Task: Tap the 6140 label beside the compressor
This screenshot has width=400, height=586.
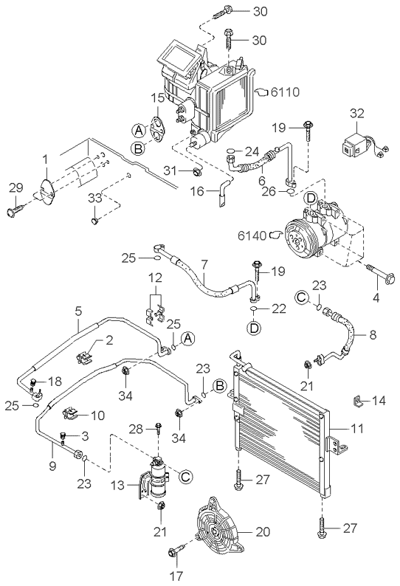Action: point(252,235)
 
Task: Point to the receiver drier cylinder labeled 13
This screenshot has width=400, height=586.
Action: point(157,478)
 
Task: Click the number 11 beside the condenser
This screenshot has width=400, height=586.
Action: point(357,428)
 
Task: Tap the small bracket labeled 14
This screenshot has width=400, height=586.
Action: point(358,401)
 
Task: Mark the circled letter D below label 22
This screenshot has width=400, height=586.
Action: point(255,328)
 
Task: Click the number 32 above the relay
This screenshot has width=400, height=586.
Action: point(357,114)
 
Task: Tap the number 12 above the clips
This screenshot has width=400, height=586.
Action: point(156,278)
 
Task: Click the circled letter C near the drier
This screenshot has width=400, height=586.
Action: point(186,477)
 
